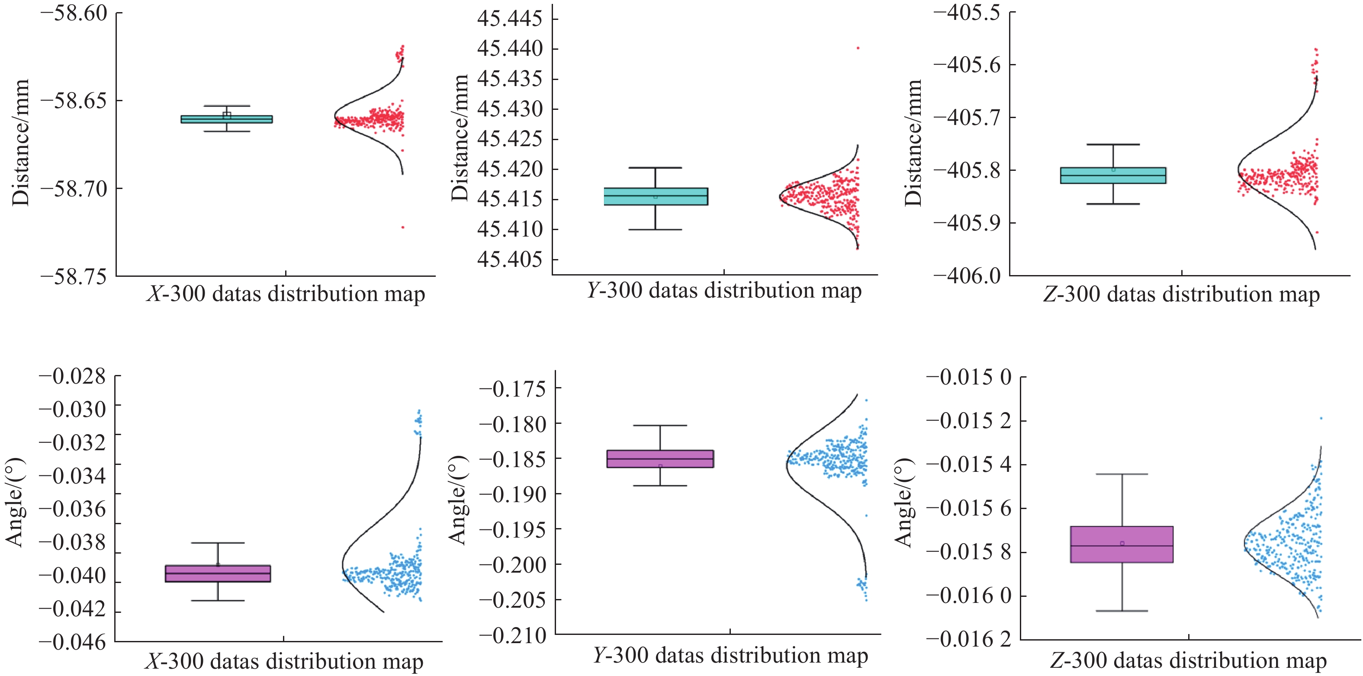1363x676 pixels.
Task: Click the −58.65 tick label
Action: click(74, 100)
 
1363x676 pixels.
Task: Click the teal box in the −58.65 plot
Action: click(226, 119)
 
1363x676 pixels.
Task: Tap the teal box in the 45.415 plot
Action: click(656, 196)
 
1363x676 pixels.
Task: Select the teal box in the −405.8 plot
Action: click(1113, 176)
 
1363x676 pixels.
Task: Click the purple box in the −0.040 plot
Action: click(218, 573)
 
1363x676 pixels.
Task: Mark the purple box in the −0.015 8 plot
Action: click(1122, 544)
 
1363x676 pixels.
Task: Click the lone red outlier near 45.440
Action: click(858, 48)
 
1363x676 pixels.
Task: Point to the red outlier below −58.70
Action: click(403, 227)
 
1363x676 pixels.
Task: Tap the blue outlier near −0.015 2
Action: click(1321, 418)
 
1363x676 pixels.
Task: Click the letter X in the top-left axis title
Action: click(154, 294)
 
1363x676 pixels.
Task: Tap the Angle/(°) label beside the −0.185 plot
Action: click(457, 500)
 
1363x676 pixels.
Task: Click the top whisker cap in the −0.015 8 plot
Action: click(1122, 474)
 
